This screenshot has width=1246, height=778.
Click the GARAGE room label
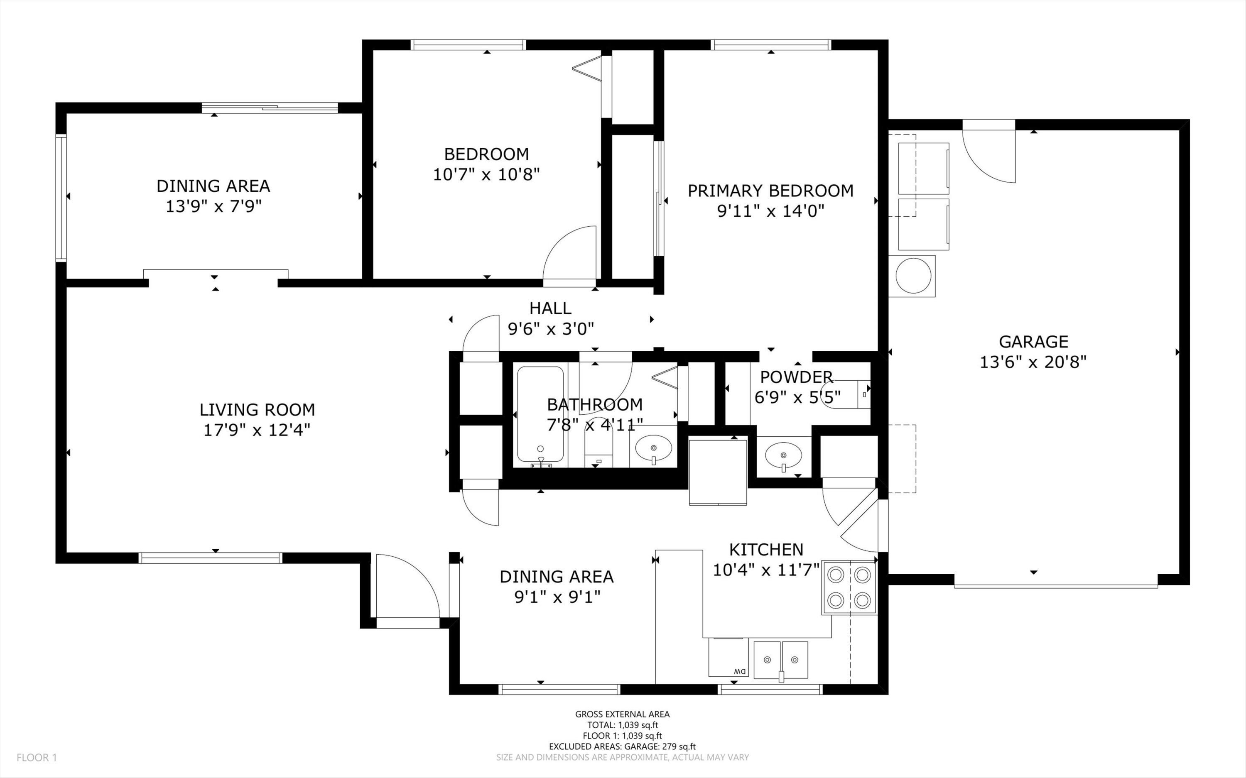point(1033,342)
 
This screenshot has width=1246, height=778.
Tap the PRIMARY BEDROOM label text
point(770,191)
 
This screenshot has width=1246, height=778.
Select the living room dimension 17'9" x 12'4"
point(257,430)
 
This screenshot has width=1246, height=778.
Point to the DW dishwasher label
point(740,671)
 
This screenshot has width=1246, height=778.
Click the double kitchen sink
point(781,660)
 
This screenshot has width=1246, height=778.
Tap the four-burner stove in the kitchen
point(849,587)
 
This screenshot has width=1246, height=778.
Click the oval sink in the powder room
point(783,455)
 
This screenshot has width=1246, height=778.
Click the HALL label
point(550,308)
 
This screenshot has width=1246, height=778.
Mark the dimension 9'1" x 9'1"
point(557,597)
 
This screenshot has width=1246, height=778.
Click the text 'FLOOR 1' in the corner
point(37,757)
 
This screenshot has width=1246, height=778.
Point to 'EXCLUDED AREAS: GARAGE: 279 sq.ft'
point(622,746)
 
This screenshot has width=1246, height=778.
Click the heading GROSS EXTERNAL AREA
point(622,714)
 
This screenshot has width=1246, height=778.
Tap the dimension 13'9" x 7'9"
point(213,206)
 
